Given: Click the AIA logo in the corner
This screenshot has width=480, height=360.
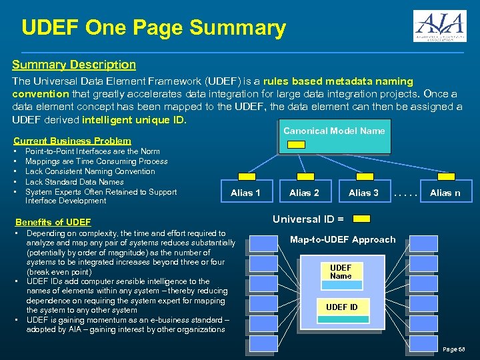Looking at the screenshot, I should click(x=439, y=27).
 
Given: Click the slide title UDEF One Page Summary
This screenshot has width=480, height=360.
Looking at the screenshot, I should click(x=153, y=28).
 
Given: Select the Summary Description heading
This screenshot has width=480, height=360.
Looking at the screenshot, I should click(x=74, y=65).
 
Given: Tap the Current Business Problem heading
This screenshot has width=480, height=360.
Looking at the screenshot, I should click(x=73, y=141).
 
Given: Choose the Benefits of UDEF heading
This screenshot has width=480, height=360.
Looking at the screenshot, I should click(x=53, y=222).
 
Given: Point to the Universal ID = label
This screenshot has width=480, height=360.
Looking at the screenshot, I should click(x=308, y=218).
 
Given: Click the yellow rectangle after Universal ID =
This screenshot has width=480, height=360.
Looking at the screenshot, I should click(x=361, y=219).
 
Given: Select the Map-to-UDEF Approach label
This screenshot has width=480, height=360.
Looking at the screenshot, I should click(x=343, y=239).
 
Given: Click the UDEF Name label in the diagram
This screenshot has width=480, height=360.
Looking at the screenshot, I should click(x=341, y=272).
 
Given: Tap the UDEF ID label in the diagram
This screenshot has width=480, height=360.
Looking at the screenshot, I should click(x=341, y=307).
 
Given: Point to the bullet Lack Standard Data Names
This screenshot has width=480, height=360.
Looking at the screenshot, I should click(x=74, y=181).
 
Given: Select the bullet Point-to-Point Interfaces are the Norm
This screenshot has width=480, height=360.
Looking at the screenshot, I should click(x=92, y=151).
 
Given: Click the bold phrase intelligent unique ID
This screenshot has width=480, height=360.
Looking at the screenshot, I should click(x=133, y=121).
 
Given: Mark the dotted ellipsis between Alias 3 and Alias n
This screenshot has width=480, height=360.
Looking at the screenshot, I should click(x=404, y=193).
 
